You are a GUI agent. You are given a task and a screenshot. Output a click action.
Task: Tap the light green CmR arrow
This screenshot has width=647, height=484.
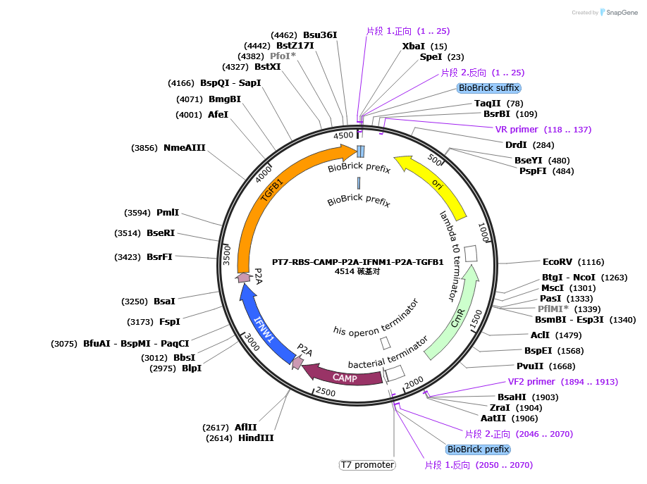(x=458, y=321)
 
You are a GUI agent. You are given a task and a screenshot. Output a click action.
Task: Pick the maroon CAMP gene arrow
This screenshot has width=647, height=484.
(x=345, y=378)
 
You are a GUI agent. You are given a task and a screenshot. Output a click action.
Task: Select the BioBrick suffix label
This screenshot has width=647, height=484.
(x=488, y=88)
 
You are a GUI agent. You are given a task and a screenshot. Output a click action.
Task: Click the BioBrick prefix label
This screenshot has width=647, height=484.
(x=478, y=449)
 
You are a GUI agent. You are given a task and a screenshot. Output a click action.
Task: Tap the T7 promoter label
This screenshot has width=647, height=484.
(x=367, y=465)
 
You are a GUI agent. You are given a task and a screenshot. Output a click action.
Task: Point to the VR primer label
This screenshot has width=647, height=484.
(x=543, y=130)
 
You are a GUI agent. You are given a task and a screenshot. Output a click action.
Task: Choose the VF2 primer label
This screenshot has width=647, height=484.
(x=563, y=382)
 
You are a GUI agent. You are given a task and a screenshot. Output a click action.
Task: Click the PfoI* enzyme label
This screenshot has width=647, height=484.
(x=283, y=56)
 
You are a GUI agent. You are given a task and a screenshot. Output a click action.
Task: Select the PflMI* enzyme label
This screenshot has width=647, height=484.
(x=553, y=309)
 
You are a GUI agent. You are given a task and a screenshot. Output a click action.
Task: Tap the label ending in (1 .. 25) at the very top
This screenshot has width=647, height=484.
(x=408, y=31)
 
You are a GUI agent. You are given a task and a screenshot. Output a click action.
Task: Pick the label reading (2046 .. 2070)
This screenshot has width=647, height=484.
(x=519, y=434)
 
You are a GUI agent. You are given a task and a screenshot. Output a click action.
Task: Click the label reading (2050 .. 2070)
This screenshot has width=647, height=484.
(x=479, y=465)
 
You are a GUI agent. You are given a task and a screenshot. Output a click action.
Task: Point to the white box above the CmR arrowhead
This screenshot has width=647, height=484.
(x=471, y=253)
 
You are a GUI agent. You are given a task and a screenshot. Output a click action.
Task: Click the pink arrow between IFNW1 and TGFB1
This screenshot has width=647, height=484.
(x=244, y=278)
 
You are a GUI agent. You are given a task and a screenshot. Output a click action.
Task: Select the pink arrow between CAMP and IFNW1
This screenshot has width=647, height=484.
(x=297, y=363)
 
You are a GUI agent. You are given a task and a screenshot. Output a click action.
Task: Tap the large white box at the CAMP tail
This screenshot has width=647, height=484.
(x=394, y=372)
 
